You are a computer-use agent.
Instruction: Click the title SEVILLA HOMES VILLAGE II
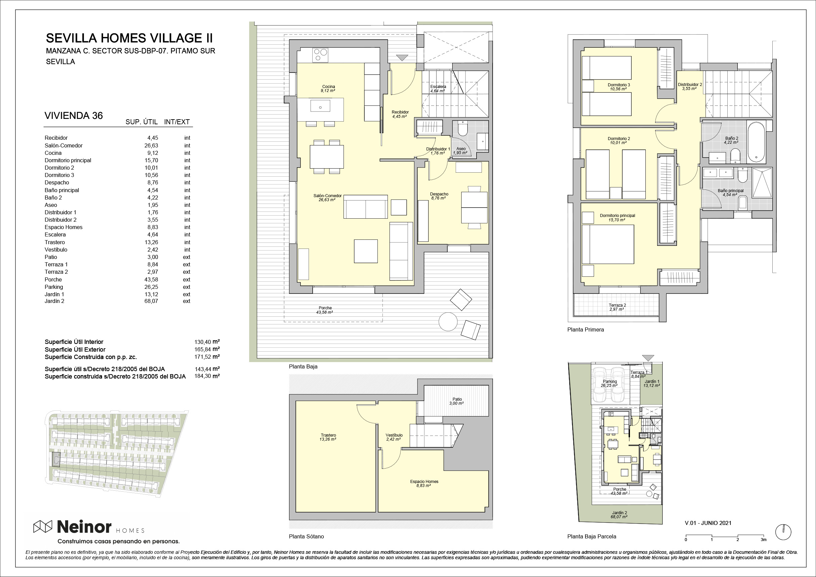pos(129,38)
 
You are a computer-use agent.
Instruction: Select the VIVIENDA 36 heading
pos(74,116)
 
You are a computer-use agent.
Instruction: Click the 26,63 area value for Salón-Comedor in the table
pos(151,145)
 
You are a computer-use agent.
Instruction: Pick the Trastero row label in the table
pos(55,242)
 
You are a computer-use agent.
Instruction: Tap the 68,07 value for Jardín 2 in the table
pos(151,301)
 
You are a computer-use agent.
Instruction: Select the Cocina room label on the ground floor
pos(328,86)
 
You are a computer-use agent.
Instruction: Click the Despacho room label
pos(439,194)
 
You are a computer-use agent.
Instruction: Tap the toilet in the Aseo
pos(462,129)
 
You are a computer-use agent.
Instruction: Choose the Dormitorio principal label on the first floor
pos(617,215)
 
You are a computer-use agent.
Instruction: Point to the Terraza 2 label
pos(617,305)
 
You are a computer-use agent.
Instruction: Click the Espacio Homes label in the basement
pos(424,481)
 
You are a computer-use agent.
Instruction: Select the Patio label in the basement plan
pos(457,399)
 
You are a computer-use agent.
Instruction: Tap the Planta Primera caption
pos(585,329)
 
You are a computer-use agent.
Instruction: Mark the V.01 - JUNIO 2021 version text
pos(708,523)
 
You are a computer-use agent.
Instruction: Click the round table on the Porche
pos(448,322)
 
